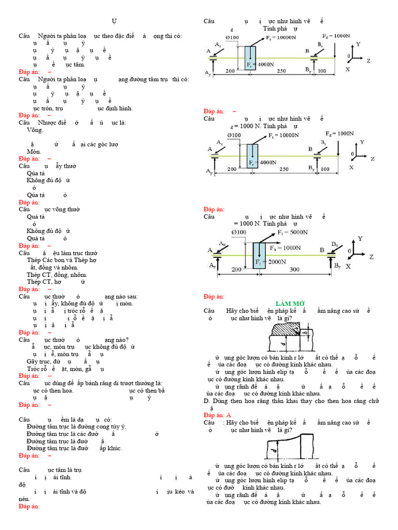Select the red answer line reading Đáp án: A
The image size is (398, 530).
click(x=217, y=416)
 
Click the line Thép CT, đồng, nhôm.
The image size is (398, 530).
click(x=57, y=274)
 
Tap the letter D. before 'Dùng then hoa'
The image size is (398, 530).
click(x=206, y=401)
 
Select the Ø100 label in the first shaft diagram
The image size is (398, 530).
click(x=232, y=38)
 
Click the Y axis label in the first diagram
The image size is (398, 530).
click(x=358, y=45)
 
